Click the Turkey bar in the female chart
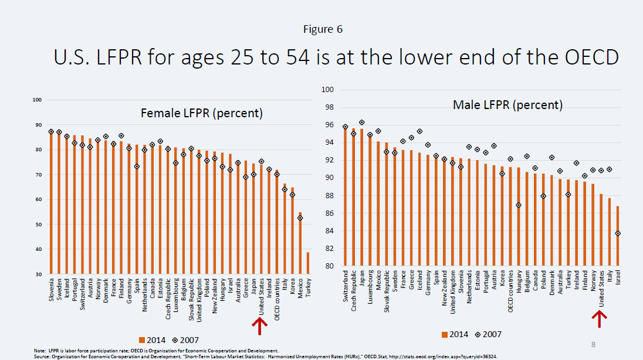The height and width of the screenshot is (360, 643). tap(307, 263)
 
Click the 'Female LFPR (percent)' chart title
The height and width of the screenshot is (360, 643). tap(202, 113)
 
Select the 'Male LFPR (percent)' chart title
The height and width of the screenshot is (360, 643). tap(507, 105)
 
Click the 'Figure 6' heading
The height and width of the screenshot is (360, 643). tap(323, 29)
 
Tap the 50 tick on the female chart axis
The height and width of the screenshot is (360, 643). tap(37, 225)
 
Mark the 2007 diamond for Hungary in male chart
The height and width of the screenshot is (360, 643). tap(519, 205)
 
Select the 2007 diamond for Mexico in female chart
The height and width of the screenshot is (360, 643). tap(300, 218)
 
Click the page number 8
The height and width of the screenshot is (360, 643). tap(593, 344)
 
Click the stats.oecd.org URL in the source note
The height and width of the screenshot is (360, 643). tap(419, 356)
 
